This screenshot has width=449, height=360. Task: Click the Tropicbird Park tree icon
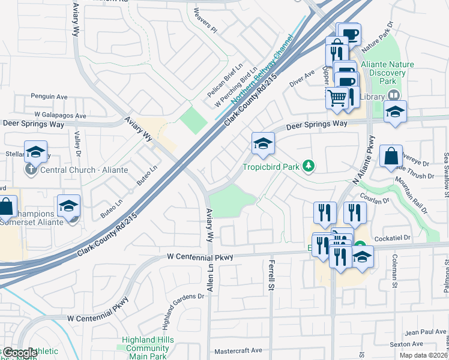click(x=309, y=166)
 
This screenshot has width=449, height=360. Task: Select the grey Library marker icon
click(x=394, y=95)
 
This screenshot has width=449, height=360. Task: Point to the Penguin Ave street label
click(x=49, y=97)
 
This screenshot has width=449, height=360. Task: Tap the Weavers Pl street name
click(x=205, y=19)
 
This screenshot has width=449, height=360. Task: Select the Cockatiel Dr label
click(x=390, y=238)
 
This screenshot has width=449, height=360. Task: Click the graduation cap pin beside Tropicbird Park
click(x=263, y=144)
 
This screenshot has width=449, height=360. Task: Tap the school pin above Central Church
click(x=35, y=152)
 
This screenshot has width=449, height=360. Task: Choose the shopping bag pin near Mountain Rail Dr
click(x=390, y=155)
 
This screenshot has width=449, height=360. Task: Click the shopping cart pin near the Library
click(x=337, y=97)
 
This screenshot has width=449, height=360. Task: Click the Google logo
click(x=19, y=353)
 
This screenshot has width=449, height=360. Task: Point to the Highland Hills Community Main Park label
click(x=145, y=348)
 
